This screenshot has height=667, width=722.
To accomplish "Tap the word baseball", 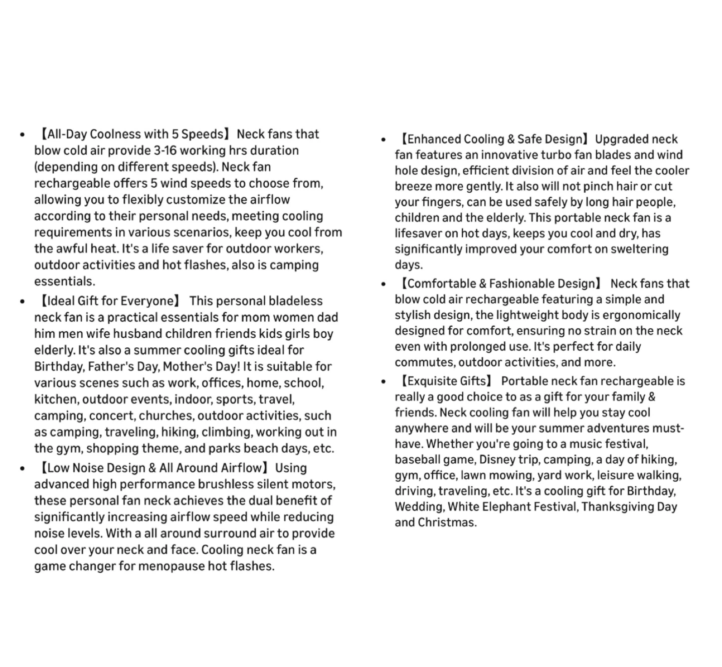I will pyautogui.click(x=416, y=460).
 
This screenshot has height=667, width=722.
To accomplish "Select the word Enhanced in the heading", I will pyautogui.click(x=430, y=139).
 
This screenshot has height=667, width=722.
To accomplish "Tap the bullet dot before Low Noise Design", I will pyautogui.click(x=22, y=469).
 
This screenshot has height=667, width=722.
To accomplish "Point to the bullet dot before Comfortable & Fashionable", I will pyautogui.click(x=384, y=285).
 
